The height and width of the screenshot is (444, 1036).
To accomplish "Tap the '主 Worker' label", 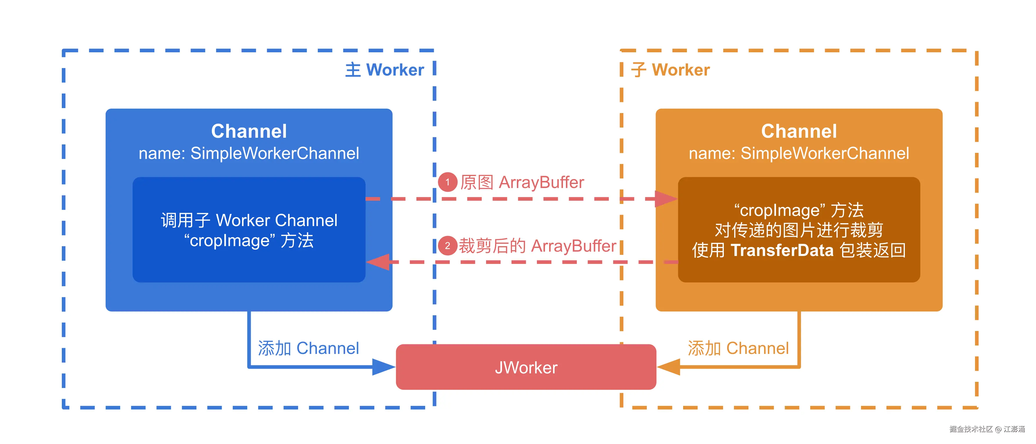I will click(x=385, y=70).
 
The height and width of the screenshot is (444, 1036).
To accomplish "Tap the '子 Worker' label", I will click(x=670, y=70).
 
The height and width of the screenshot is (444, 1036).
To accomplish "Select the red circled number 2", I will click(x=447, y=246).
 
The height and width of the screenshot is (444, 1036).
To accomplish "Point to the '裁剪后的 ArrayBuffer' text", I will click(x=537, y=246).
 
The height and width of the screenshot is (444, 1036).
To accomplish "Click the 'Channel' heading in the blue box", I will click(x=249, y=131).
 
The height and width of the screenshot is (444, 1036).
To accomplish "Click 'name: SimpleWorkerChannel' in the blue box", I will click(x=249, y=153).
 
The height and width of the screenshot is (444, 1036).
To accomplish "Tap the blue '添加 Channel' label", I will click(x=308, y=348).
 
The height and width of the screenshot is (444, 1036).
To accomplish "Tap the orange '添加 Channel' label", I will click(x=738, y=348).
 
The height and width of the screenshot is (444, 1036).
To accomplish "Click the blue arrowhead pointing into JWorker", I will click(x=383, y=367).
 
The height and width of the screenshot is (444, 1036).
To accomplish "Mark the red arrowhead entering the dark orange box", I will click(x=666, y=199).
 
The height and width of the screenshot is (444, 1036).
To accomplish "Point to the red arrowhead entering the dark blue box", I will click(x=378, y=262).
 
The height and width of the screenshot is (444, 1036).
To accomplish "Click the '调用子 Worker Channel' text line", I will click(x=249, y=220).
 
